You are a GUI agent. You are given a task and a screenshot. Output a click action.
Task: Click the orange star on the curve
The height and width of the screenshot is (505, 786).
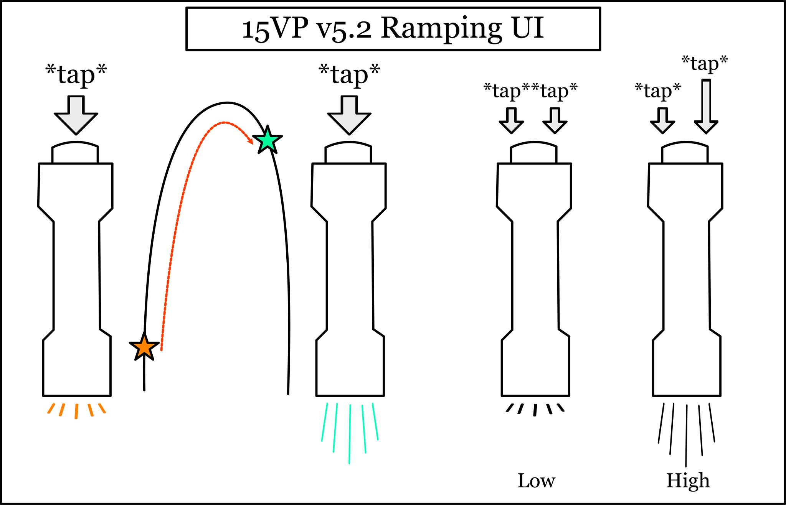[x=144, y=347]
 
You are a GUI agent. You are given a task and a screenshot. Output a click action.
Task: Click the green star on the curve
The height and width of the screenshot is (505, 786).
[x=268, y=140]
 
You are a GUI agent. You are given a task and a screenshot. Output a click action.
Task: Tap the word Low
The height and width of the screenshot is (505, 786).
[x=536, y=481]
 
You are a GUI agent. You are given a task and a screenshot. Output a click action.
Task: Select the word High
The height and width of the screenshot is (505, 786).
[x=688, y=481]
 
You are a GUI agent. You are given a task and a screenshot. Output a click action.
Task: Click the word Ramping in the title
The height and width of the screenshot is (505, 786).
[x=441, y=29]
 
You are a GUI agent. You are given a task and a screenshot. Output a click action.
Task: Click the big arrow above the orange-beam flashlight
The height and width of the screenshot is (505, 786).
[x=76, y=115]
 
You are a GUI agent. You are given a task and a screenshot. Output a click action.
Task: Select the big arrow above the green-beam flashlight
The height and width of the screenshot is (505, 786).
[x=349, y=115]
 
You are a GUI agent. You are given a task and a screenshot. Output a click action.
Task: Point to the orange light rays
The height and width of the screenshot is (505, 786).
[x=76, y=410]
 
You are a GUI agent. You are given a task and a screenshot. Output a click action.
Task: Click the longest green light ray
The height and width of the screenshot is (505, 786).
[x=350, y=433]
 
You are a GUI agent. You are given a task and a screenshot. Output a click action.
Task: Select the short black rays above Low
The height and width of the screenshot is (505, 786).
[x=535, y=409]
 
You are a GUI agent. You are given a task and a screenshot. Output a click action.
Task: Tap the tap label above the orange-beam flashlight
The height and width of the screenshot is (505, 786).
[x=76, y=74]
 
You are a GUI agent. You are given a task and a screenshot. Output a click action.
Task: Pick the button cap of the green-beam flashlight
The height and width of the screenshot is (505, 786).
[x=348, y=153]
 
